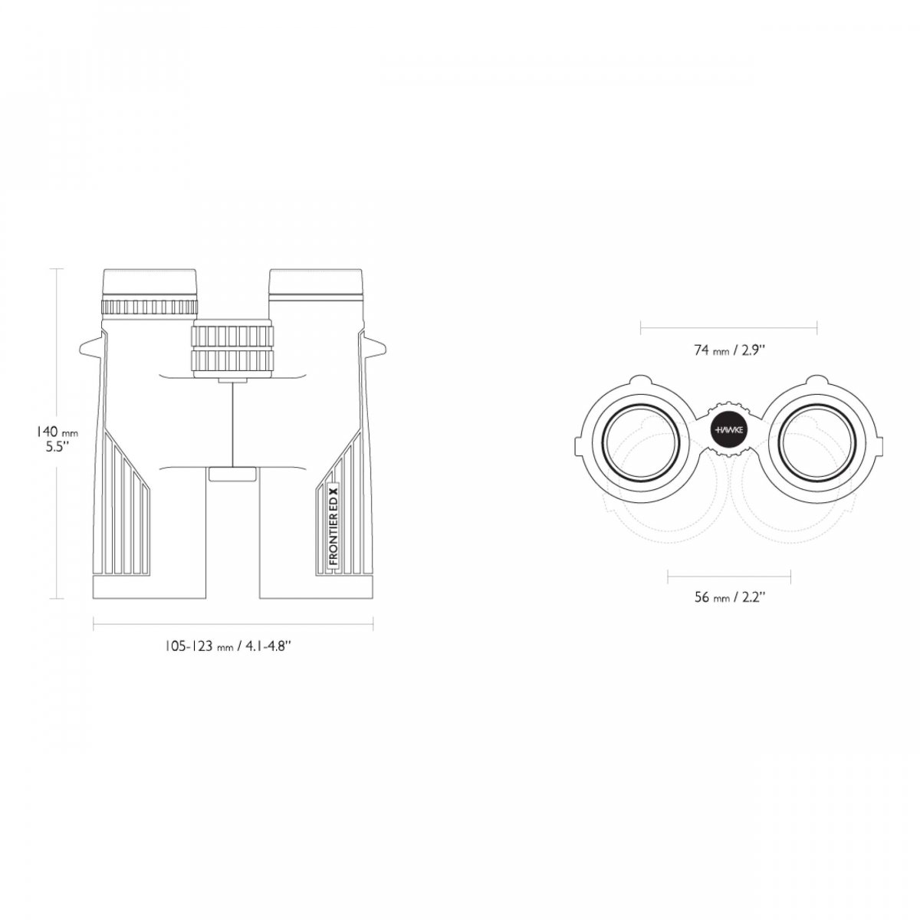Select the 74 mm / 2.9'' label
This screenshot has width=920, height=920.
pos(730,351)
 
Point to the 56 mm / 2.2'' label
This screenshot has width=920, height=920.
pos(730,597)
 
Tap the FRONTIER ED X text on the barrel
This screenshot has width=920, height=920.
pos(333,524)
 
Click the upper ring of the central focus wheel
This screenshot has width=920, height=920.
pos(232,336)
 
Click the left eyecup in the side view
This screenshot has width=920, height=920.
pos(149,285)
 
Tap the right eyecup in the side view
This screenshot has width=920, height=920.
pos(316,285)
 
